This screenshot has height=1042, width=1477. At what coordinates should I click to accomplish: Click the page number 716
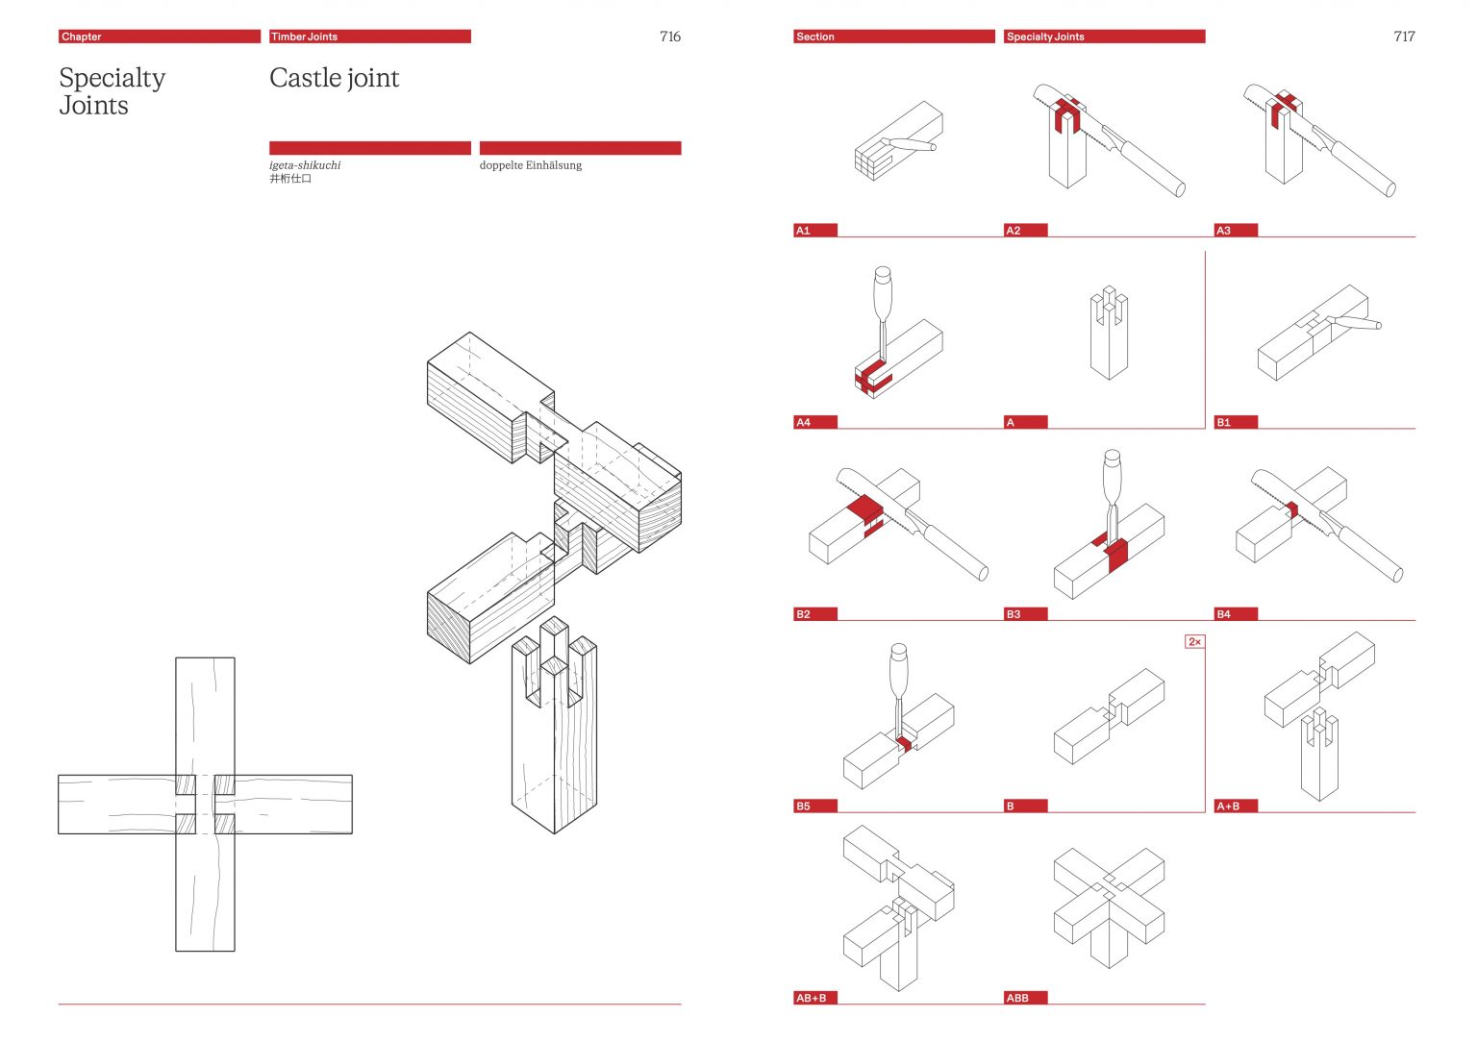click(x=669, y=37)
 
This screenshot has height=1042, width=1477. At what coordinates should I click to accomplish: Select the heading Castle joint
click(x=334, y=78)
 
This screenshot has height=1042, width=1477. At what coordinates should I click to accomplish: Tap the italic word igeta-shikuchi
click(x=305, y=165)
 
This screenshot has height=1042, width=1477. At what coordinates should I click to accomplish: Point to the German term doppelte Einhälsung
click(x=530, y=165)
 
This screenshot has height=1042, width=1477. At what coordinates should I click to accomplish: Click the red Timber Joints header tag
click(x=304, y=37)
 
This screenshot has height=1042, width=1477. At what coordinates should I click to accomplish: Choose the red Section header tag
click(x=814, y=37)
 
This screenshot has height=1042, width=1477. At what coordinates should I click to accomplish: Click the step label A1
click(x=803, y=231)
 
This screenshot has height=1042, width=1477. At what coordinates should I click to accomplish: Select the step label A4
click(x=803, y=422)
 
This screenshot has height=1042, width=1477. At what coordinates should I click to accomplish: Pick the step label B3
click(x=1013, y=614)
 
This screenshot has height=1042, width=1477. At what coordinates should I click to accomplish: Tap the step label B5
click(x=803, y=806)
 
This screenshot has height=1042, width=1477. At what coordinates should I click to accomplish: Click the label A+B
click(x=1228, y=806)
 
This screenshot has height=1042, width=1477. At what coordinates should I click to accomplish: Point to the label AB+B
click(x=811, y=998)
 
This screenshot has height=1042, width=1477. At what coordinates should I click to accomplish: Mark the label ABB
click(x=1017, y=998)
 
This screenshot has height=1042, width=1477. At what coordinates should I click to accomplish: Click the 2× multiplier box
click(x=1194, y=642)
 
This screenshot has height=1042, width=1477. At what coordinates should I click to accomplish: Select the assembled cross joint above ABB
click(x=1109, y=904)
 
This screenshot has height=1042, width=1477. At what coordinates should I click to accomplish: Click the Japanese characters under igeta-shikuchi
click(x=290, y=179)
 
